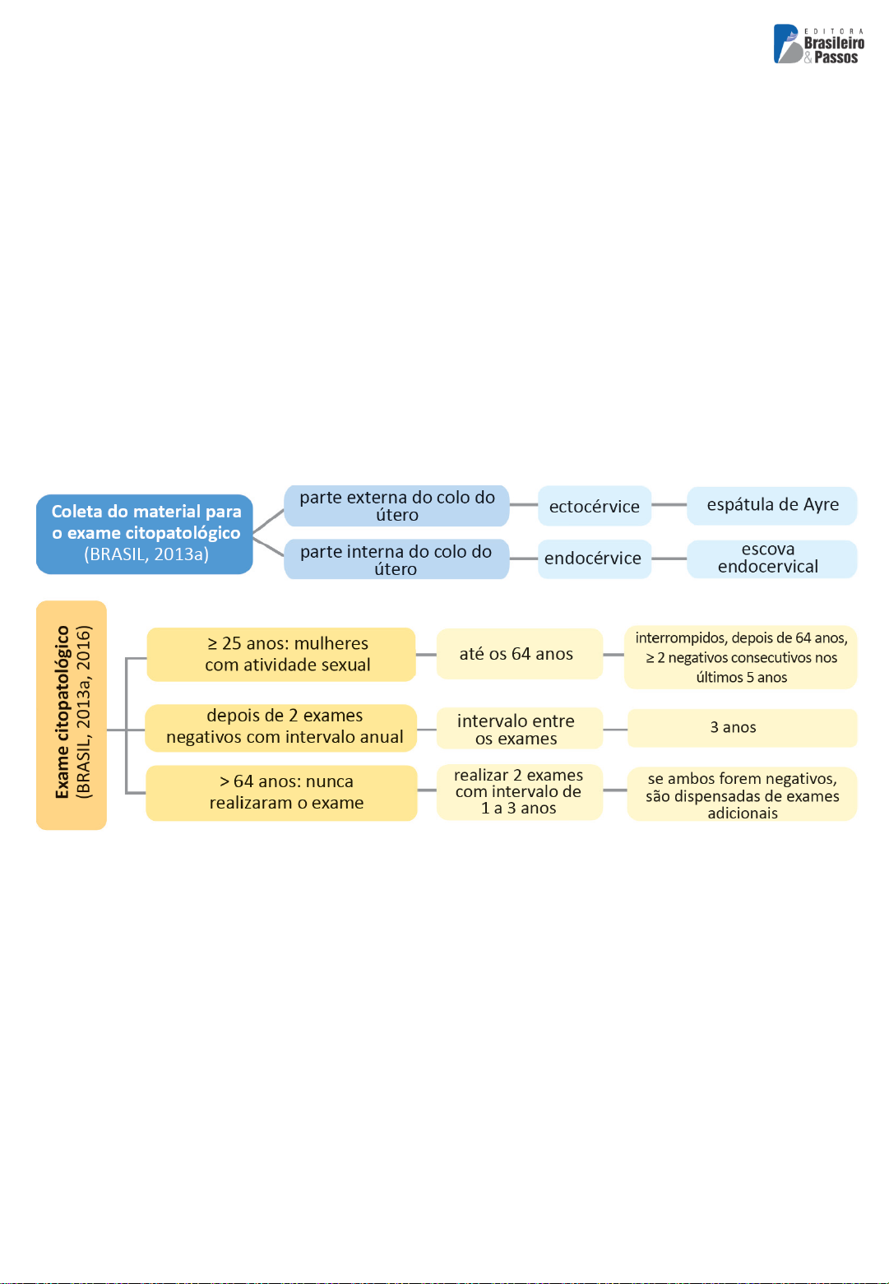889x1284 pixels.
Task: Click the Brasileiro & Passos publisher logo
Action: point(818,44)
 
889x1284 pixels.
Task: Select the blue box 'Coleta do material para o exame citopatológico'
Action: point(145,534)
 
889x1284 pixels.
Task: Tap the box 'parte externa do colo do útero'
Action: point(396,506)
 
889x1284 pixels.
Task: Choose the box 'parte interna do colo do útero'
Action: point(396,559)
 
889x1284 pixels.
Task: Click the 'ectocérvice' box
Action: point(595,506)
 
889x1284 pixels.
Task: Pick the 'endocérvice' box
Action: point(595,559)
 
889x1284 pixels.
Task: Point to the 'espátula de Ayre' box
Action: point(771,506)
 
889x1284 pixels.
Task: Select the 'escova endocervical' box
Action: point(771,559)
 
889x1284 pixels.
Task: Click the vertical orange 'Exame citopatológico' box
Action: point(72,715)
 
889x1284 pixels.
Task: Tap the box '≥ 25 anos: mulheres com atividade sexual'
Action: point(281,654)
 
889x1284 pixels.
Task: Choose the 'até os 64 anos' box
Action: point(519,653)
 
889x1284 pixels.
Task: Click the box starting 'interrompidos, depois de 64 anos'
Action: point(740,657)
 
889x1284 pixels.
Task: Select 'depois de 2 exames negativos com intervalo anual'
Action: point(281,728)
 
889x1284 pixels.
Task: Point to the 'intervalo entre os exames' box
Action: point(519,728)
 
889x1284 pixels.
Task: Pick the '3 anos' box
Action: point(743,728)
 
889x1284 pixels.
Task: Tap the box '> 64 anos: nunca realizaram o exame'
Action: point(281,793)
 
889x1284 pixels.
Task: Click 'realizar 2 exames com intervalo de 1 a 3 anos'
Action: point(519,791)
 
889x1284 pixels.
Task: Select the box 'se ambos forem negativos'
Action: point(742,794)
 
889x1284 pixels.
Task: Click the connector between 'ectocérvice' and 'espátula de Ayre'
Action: point(669,505)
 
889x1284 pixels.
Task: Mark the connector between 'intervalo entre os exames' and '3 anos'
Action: point(615,730)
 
